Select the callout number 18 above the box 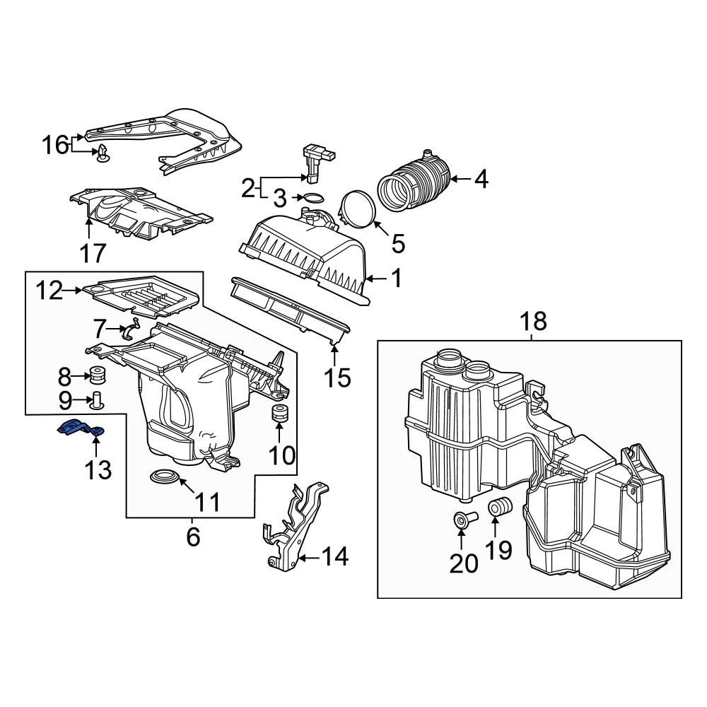coord(534,322)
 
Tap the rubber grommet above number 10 coord(280,414)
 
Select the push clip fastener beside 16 coord(103,152)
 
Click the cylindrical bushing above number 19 coord(501,508)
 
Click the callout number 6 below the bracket coord(193,537)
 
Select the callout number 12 coord(50,291)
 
